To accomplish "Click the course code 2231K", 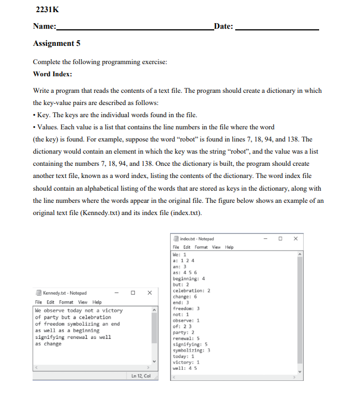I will (x=46, y=9).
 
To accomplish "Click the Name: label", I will (x=44, y=27).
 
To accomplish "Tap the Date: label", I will (x=223, y=27).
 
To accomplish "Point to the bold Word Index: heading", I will (x=52, y=74).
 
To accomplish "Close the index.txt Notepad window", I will (x=295, y=239).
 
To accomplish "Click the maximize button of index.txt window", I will (x=280, y=239).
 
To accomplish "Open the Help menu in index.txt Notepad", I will (x=229, y=247).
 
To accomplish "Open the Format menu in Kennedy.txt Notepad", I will (x=66, y=302).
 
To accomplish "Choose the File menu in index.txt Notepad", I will (x=176, y=247).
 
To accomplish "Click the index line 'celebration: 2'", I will (x=191, y=290).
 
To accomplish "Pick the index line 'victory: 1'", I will (x=186, y=362).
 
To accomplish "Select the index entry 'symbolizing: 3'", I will (x=191, y=350).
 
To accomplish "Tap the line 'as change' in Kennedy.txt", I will (x=48, y=344).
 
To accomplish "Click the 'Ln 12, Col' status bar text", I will (x=141, y=376).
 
